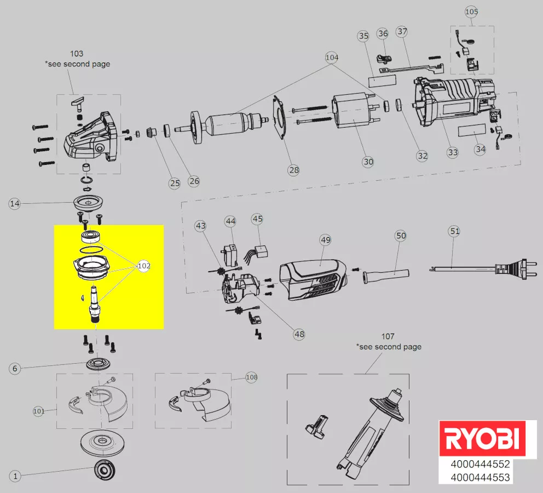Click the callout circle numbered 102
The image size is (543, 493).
click(144, 266)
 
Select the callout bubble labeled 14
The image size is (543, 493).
click(15, 204)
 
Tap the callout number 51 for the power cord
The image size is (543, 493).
click(454, 231)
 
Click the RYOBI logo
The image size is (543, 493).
click(481, 439)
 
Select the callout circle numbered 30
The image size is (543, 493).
click(368, 162)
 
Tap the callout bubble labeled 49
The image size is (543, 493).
click(326, 240)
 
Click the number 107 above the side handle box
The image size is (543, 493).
click(388, 336)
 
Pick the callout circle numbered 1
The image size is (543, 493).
click(15, 476)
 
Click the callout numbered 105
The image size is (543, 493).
click(471, 12)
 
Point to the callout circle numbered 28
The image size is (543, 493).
click(294, 170)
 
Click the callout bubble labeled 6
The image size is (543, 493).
click(15, 369)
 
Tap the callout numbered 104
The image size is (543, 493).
click(332, 57)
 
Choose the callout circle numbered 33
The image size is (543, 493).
click(452, 152)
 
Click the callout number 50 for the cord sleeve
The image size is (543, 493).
click(401, 236)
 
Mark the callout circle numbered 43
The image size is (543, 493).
click(201, 226)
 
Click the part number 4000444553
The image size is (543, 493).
click(480, 478)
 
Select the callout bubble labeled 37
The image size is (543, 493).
click(402, 32)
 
